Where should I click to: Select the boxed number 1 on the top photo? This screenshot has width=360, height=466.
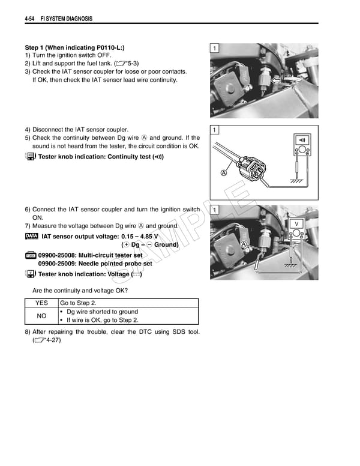click(215, 48)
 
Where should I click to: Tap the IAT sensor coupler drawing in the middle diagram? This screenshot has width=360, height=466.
click(252, 165)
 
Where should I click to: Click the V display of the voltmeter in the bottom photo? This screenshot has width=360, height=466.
click(296, 224)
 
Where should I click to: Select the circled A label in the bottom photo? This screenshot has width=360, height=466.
click(244, 244)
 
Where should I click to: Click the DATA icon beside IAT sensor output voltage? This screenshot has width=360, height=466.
click(31, 236)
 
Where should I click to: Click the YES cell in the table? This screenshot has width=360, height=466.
click(41, 303)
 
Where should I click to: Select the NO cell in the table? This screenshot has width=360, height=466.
click(41, 316)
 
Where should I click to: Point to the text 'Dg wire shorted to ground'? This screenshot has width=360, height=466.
click(102, 312)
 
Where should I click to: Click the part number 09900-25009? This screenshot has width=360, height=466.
click(59, 263)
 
